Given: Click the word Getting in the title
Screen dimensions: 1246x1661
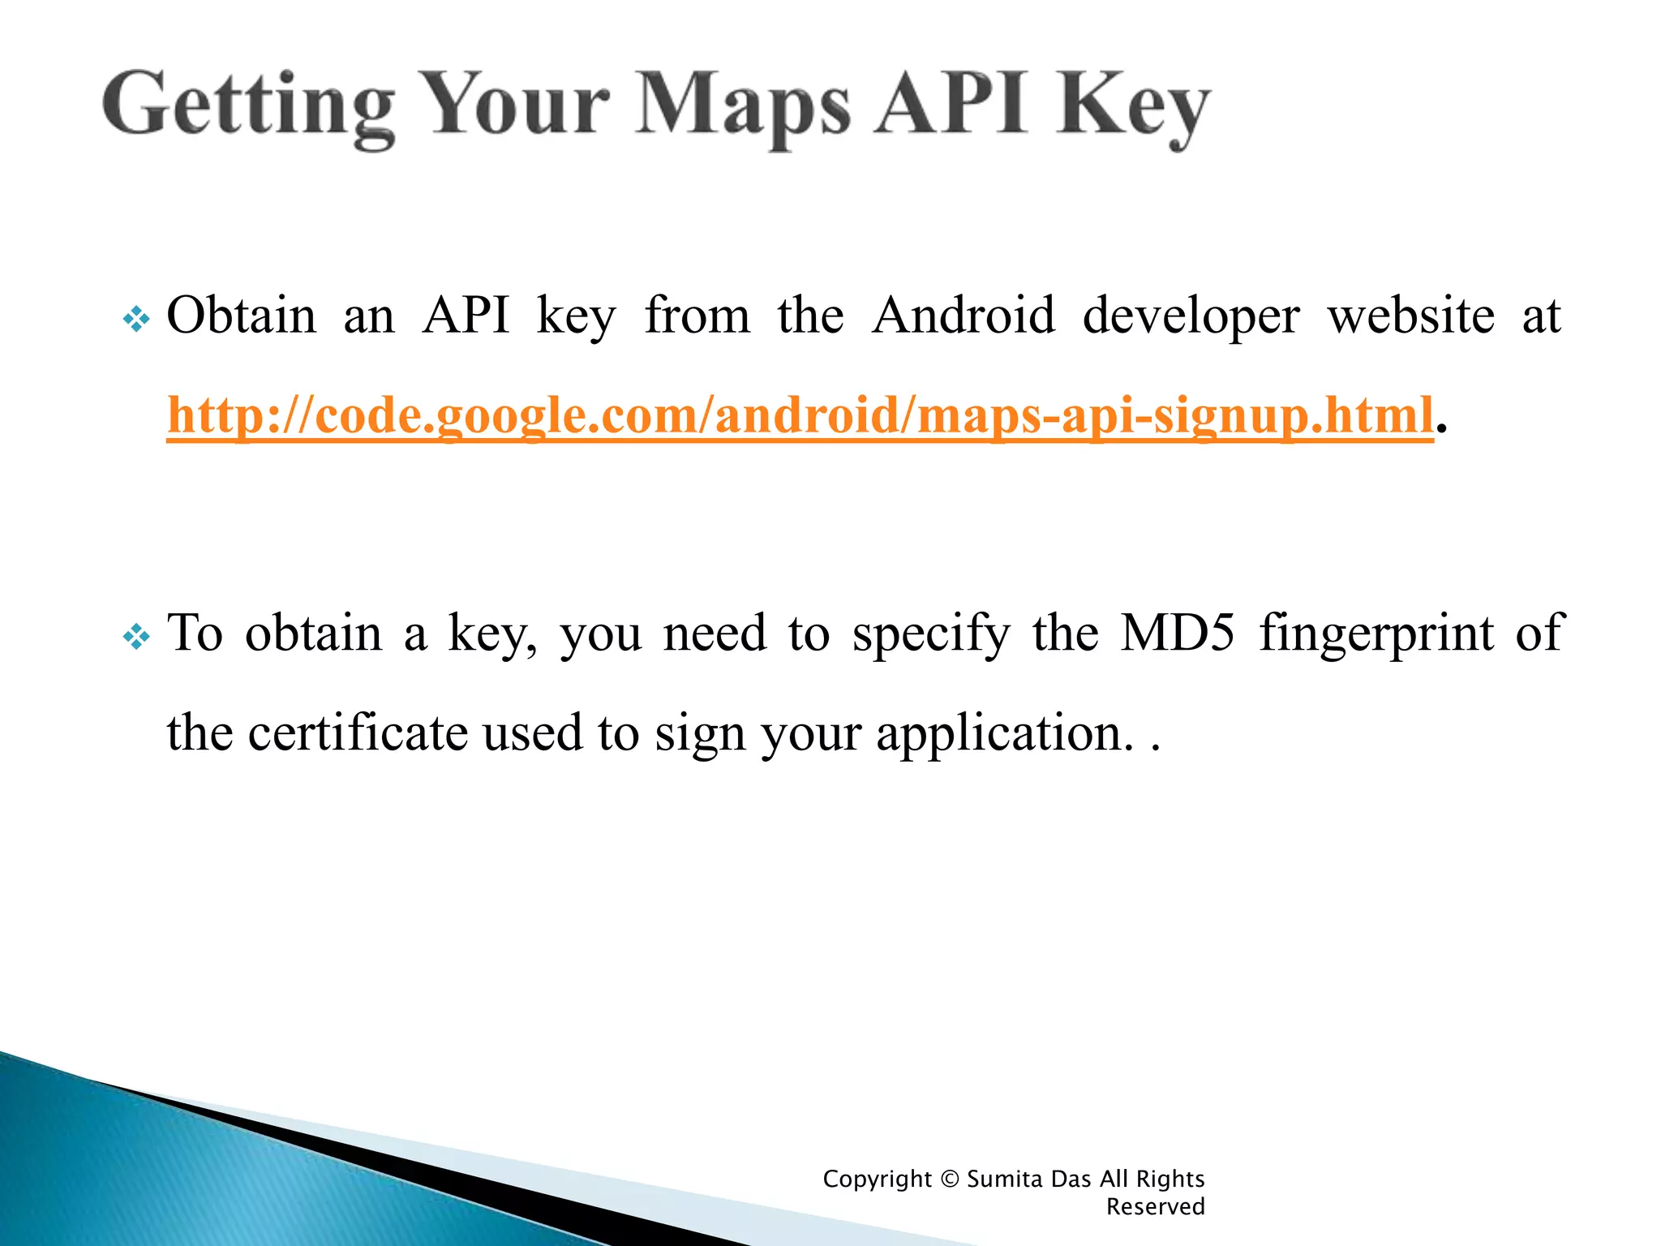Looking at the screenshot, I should [247, 105].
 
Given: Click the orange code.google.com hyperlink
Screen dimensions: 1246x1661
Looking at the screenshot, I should [800, 415].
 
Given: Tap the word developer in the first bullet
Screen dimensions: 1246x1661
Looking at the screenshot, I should [1191, 316].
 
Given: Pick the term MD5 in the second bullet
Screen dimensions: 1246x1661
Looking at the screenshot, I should [1177, 633].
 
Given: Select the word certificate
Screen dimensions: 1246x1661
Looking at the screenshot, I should [358, 733].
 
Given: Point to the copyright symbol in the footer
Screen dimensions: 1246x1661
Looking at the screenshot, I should [949, 1179].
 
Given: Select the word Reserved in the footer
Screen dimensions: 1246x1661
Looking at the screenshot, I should [1155, 1207].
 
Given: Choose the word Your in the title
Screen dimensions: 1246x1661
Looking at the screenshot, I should [516, 105].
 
